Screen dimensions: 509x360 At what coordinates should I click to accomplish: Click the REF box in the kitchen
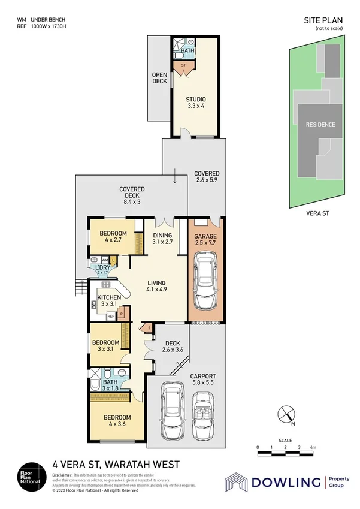pos(110,315)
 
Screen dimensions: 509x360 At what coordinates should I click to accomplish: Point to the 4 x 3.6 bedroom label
pos(117,420)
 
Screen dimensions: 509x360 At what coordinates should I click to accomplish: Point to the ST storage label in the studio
pos(183,64)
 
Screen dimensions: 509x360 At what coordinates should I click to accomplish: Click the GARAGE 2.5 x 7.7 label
pos(205,240)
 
